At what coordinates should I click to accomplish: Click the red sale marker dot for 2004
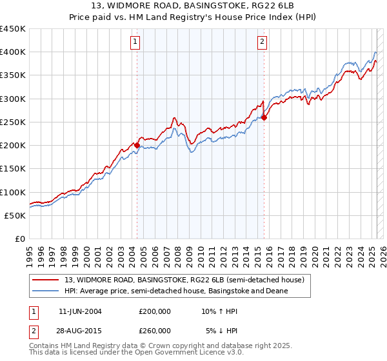point(137,146)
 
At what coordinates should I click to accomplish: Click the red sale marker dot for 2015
point(264,117)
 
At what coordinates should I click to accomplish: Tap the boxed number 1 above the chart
point(135,43)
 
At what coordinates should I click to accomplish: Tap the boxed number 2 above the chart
point(263,43)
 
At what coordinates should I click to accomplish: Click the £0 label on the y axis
point(19,239)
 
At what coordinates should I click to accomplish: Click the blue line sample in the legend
point(46,291)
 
